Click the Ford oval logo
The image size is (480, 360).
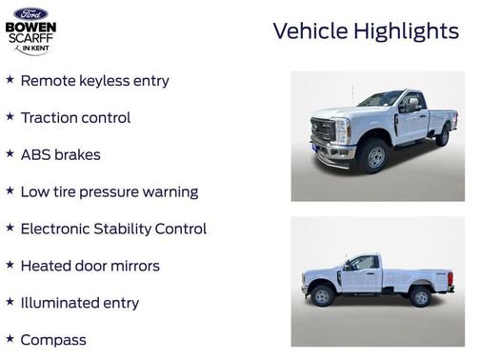click(x=30, y=13)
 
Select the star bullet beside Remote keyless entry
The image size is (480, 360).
click(x=10, y=80)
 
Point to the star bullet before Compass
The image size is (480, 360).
click(x=10, y=339)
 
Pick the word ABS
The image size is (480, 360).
click(x=37, y=154)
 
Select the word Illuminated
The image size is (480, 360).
click(x=66, y=303)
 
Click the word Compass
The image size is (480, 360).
click(x=53, y=340)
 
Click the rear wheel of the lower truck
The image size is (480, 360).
click(x=420, y=297)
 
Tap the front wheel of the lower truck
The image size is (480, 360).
click(x=323, y=297)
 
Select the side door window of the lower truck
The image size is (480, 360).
click(x=363, y=263)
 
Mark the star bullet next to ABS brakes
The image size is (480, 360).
click(x=10, y=154)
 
